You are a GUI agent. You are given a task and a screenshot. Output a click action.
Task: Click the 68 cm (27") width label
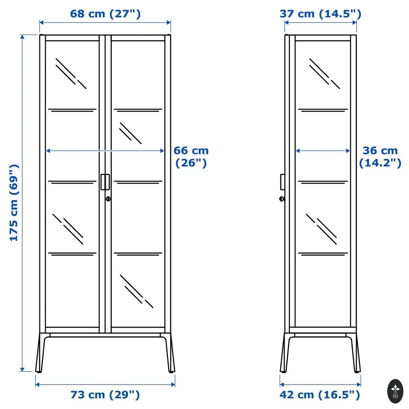click(105, 14)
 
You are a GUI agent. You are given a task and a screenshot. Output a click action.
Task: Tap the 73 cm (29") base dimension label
click(105, 395)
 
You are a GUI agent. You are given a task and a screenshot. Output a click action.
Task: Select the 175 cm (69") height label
click(14, 202)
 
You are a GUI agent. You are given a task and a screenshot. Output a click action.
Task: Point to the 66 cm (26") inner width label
click(191, 157)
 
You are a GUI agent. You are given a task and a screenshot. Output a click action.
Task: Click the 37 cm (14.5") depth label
click(320, 14)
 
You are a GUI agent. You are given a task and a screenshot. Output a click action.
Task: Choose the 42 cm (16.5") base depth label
click(320, 395)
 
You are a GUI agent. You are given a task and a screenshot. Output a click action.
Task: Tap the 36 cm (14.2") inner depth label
click(380, 157)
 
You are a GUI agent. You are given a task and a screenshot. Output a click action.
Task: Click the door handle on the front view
click(105, 182)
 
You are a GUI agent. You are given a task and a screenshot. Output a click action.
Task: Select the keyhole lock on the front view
click(108, 199)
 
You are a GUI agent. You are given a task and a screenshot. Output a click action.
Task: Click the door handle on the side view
click(283, 182)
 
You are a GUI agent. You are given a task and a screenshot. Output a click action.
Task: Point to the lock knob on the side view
click(282, 199)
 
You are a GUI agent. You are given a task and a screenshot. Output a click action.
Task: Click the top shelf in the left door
click(72, 110)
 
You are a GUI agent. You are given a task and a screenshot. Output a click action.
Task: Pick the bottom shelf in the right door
click(138, 254)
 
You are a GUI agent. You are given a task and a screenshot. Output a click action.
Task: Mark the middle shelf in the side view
click(323, 182)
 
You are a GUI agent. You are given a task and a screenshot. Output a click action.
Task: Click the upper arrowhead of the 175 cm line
click(22, 37)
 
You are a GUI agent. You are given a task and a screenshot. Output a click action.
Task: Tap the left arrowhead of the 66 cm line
click(48, 151)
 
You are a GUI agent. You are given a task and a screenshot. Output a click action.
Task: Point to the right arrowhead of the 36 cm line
click(348, 151)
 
